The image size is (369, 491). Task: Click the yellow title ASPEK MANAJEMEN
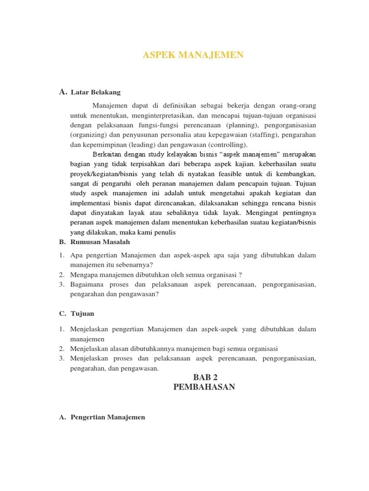(x=193, y=56)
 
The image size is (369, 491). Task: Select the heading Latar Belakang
(x=96, y=92)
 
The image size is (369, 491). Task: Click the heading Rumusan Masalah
(x=100, y=243)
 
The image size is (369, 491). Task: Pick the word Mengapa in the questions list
(x=83, y=275)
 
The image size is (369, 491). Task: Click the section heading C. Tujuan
(x=77, y=314)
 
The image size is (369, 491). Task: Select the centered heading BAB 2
(x=204, y=378)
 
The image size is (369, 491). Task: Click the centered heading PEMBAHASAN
(x=204, y=387)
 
